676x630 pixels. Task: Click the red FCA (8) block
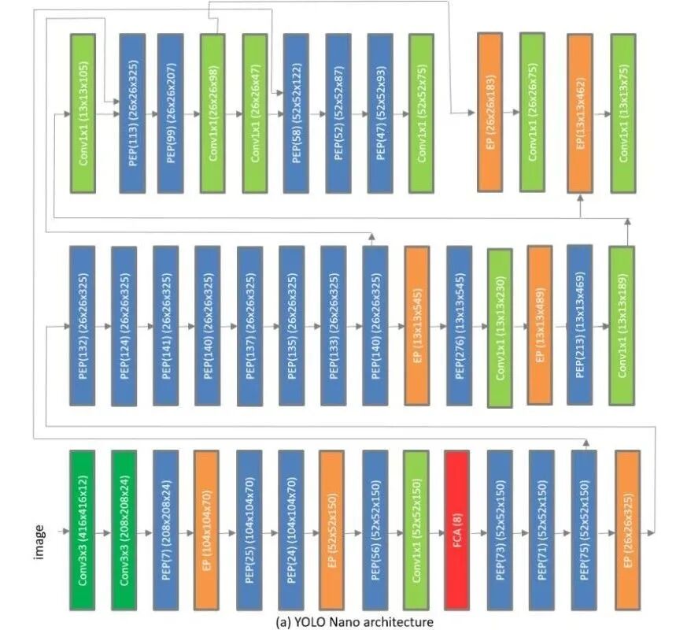coord(457,529)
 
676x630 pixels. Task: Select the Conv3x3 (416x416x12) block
coord(83,529)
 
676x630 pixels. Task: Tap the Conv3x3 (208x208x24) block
coord(124,529)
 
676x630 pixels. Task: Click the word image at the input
coord(39,543)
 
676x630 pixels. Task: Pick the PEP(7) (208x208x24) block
coord(166,529)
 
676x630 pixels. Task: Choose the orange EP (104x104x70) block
coord(207,529)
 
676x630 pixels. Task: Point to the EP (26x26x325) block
coord(627,529)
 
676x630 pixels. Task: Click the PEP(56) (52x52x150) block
coord(375,529)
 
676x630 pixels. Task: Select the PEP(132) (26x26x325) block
coord(83,325)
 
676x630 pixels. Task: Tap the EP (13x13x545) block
coord(417,325)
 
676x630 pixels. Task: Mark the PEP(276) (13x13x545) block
coord(459,325)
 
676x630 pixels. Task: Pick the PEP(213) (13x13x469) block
coord(579,325)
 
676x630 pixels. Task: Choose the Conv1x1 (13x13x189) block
coord(622,325)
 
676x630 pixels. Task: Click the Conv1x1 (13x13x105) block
coord(83,113)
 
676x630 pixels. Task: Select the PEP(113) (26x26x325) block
coord(132,113)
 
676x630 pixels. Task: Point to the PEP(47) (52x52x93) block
coord(381,113)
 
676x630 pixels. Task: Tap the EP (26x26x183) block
coord(490,113)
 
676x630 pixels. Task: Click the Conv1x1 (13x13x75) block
coord(623,113)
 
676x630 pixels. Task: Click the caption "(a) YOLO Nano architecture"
coord(354,622)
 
